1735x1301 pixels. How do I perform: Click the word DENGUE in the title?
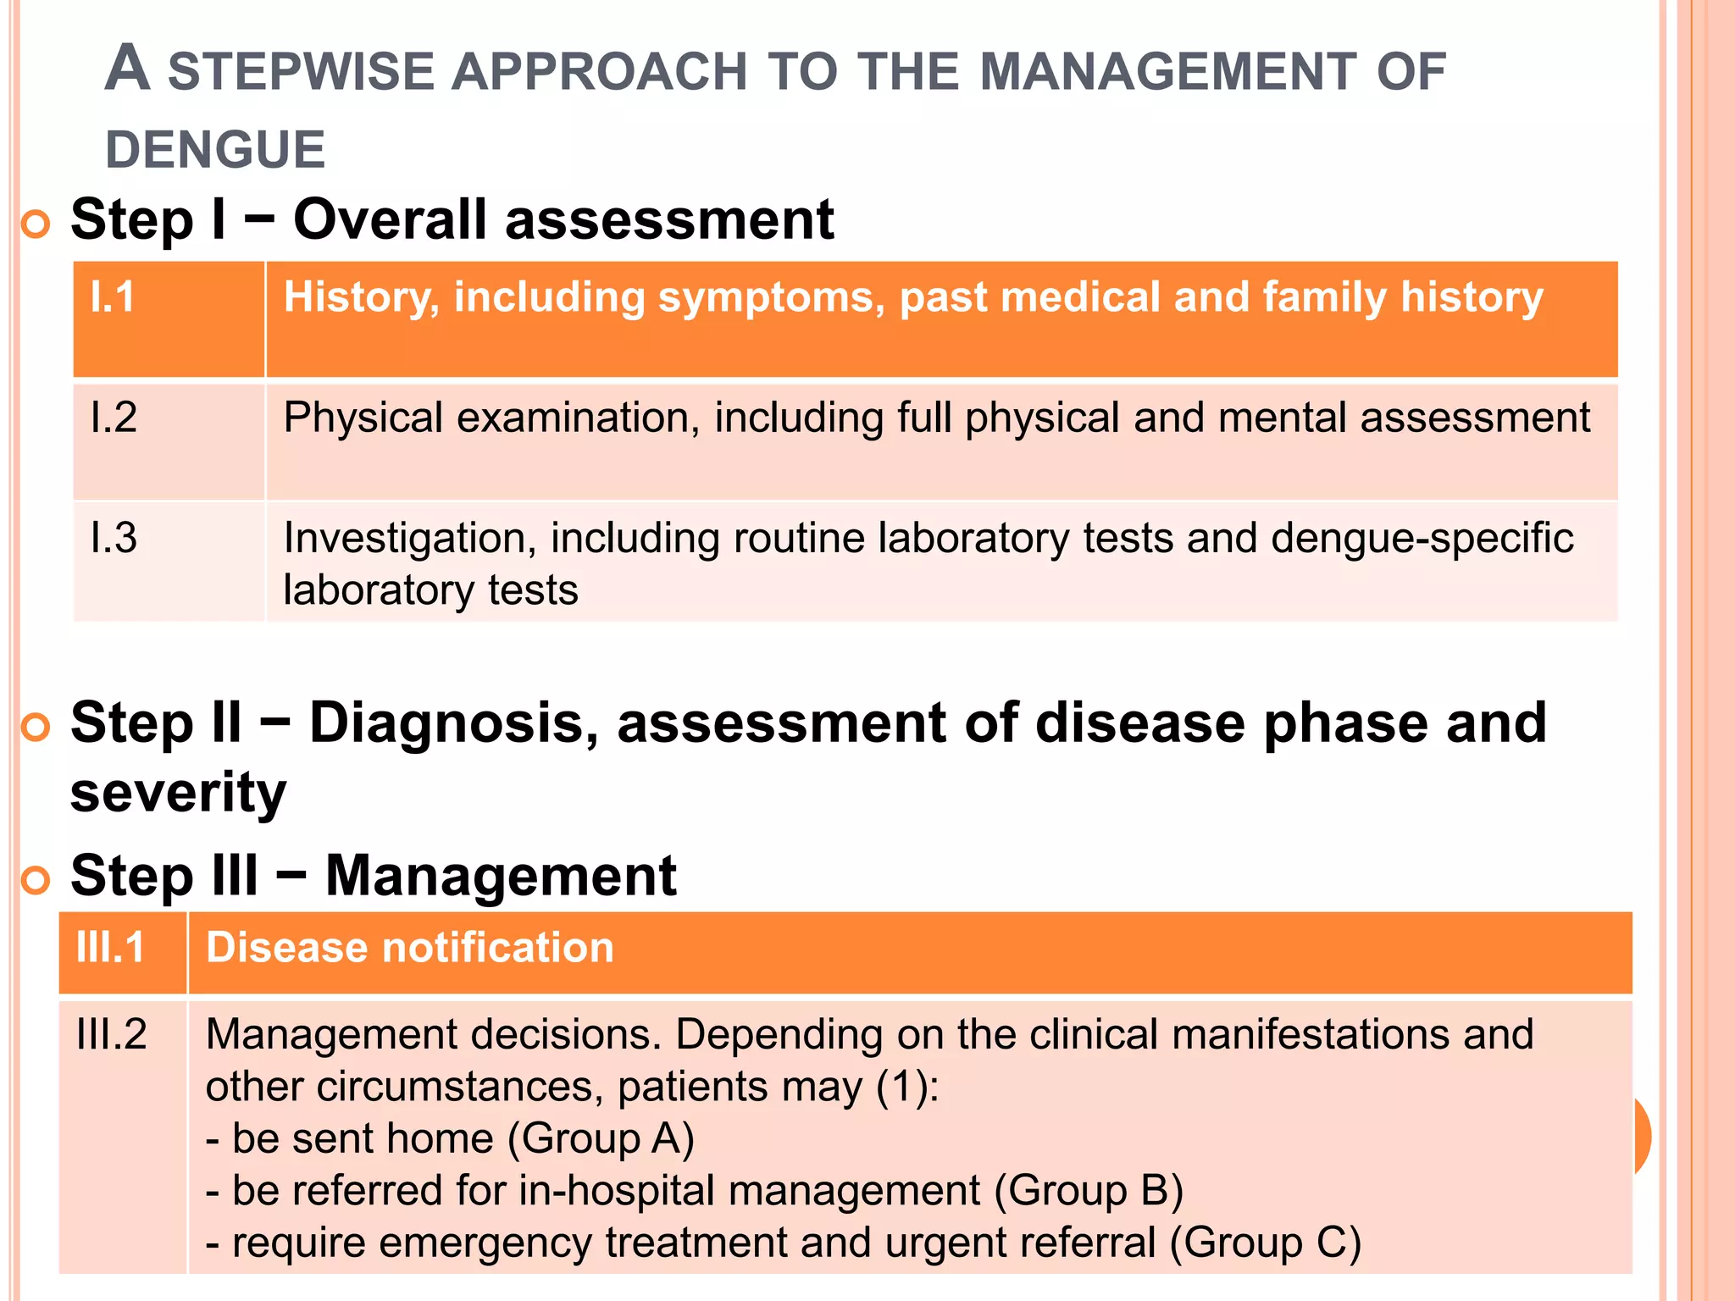(x=215, y=150)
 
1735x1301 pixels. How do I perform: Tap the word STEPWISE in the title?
(x=301, y=72)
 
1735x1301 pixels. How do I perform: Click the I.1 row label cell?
(x=113, y=297)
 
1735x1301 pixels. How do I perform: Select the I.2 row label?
(x=114, y=418)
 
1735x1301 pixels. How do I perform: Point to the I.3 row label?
(x=114, y=538)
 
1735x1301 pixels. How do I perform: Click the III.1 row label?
(x=110, y=947)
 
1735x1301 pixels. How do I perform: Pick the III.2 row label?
(x=111, y=1034)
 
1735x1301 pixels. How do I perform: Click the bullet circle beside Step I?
(x=36, y=224)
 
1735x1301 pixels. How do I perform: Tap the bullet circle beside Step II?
(x=36, y=728)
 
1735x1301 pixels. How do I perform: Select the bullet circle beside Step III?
(x=36, y=881)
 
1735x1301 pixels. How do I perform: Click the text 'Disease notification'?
(x=410, y=947)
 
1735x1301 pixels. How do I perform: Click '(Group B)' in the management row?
(x=1089, y=1190)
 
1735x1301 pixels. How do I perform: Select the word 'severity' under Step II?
(x=178, y=793)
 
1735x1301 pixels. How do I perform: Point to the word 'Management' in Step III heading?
(x=501, y=876)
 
